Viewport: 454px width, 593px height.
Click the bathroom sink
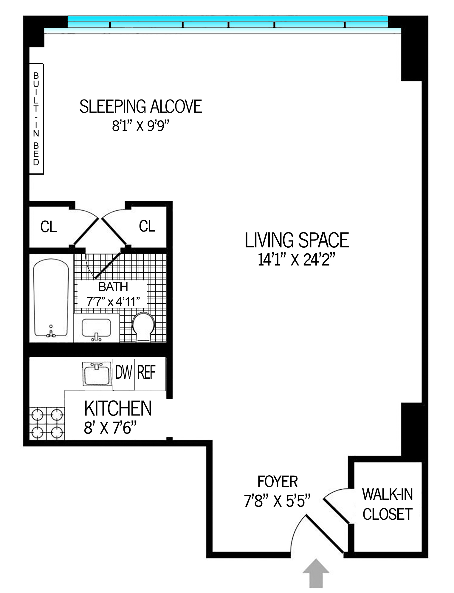point(96,329)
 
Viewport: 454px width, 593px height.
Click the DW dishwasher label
point(123,372)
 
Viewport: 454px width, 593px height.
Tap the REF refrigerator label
point(146,372)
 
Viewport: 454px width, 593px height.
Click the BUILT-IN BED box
point(36,119)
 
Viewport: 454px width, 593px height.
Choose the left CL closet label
point(48,227)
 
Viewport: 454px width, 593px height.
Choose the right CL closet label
point(147,226)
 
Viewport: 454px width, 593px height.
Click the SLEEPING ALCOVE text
point(141,107)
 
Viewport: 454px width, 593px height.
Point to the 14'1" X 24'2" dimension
point(297,260)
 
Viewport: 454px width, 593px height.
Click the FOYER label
point(278,482)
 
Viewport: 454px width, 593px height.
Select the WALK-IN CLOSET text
point(387,504)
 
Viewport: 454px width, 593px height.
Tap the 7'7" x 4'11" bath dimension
point(113,302)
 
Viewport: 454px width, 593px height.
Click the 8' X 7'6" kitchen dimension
point(110,428)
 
